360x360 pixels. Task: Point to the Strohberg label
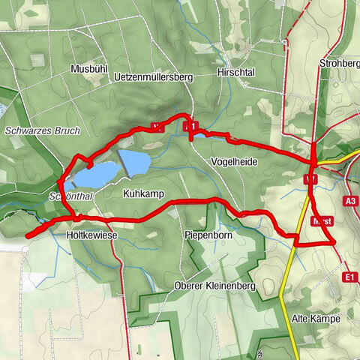click(x=339, y=62)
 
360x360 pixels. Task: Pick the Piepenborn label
click(x=207, y=235)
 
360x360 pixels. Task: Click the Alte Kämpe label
click(x=316, y=319)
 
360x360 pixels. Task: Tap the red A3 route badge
click(x=351, y=201)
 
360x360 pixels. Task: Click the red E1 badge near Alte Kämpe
click(x=349, y=277)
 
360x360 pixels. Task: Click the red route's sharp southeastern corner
click(x=334, y=243)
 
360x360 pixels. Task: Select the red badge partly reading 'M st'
click(x=322, y=221)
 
